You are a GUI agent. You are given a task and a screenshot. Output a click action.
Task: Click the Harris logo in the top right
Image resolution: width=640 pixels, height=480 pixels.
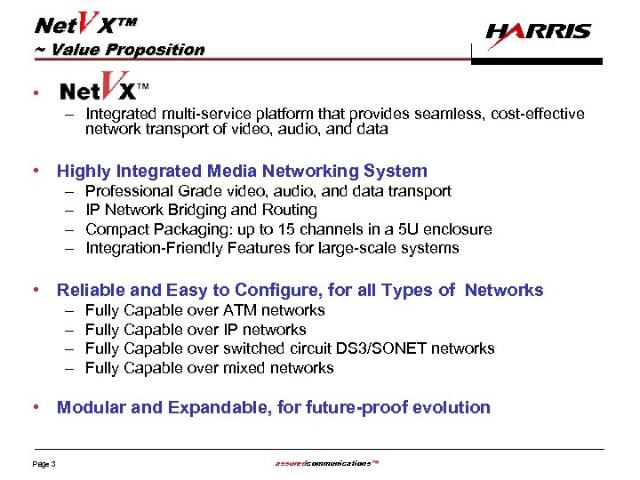pyautogui.click(x=538, y=33)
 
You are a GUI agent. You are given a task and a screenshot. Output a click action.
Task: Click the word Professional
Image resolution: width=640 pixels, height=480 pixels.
pyautogui.click(x=128, y=191)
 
